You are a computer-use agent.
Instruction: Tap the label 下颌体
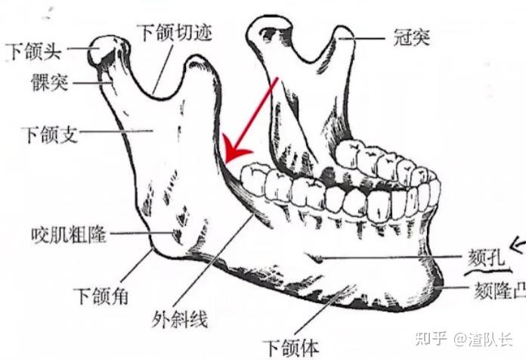pyautogui.click(x=291, y=347)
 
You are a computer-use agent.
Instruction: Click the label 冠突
pyautogui.click(x=411, y=36)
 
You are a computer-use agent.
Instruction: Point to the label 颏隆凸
pyautogui.click(x=497, y=288)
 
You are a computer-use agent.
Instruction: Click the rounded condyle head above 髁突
pyautogui.click(x=104, y=51)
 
